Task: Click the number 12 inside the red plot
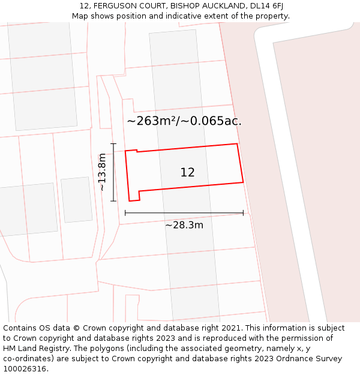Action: (187, 173)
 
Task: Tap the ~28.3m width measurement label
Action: (184, 225)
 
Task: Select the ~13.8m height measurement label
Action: (102, 172)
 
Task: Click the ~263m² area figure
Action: (152, 121)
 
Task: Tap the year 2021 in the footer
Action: (231, 328)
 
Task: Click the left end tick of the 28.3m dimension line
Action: (125, 212)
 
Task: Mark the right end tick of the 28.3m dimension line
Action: (243, 212)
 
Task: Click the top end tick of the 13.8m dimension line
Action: (113, 144)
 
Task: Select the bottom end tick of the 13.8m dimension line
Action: (113, 201)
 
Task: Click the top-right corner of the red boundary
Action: (237, 144)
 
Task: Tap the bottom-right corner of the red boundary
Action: (243, 182)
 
